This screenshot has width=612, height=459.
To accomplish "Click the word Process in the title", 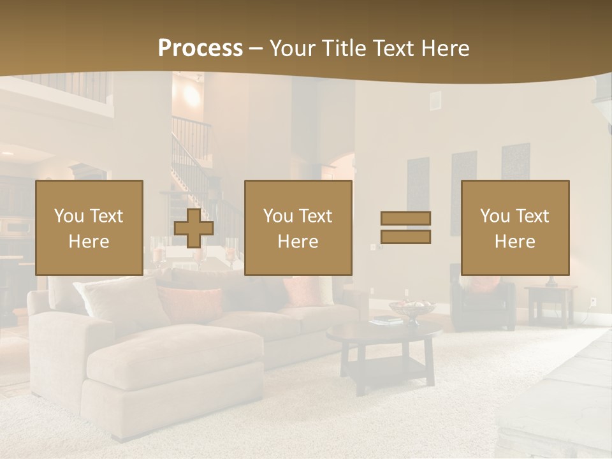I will coord(200,48).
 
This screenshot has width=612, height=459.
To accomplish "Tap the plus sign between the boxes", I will coord(194,228).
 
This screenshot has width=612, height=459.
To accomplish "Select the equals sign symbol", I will coord(405,228).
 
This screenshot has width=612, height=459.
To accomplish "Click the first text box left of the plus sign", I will coord(89,228).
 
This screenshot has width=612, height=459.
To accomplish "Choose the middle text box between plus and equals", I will coord(298,228).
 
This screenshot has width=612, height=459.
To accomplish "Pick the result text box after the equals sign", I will coord(515,228).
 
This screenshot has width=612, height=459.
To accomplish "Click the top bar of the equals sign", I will coord(405,218).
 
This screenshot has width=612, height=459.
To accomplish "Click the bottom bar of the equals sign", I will coord(405,237).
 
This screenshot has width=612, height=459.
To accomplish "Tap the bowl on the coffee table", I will coord(412,309).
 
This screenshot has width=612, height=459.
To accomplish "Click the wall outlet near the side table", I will coord(593,301).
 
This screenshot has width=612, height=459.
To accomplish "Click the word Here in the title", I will coord(445,48).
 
